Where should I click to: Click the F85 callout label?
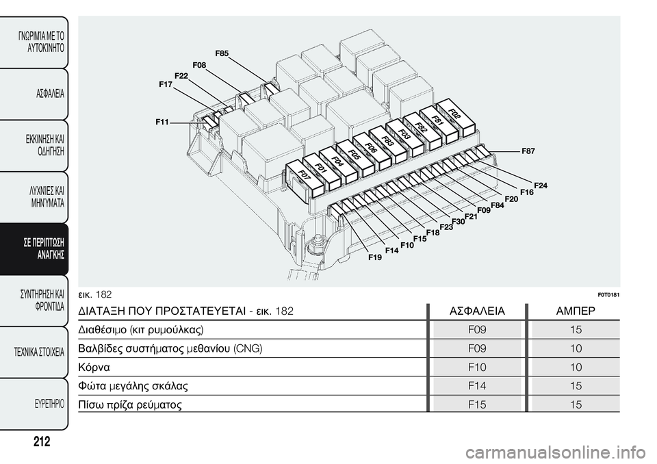coord(222,53)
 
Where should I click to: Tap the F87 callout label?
coord(528,151)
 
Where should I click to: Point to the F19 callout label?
coord(375,257)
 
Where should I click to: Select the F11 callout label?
coord(162,122)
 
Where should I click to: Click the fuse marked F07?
coord(304,178)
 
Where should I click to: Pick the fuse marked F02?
coord(456,118)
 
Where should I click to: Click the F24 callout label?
coord(541,185)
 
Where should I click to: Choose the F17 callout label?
coord(166,84)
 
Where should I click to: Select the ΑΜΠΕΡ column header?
coord(576,311)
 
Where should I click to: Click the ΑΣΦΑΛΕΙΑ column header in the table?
coord(477,311)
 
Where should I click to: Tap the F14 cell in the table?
coord(477,385)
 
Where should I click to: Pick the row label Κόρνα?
coord(94,368)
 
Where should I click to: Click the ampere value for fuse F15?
coord(576,404)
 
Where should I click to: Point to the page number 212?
coord(42,441)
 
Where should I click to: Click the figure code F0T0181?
coord(608,295)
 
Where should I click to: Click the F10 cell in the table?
coord(477,368)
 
